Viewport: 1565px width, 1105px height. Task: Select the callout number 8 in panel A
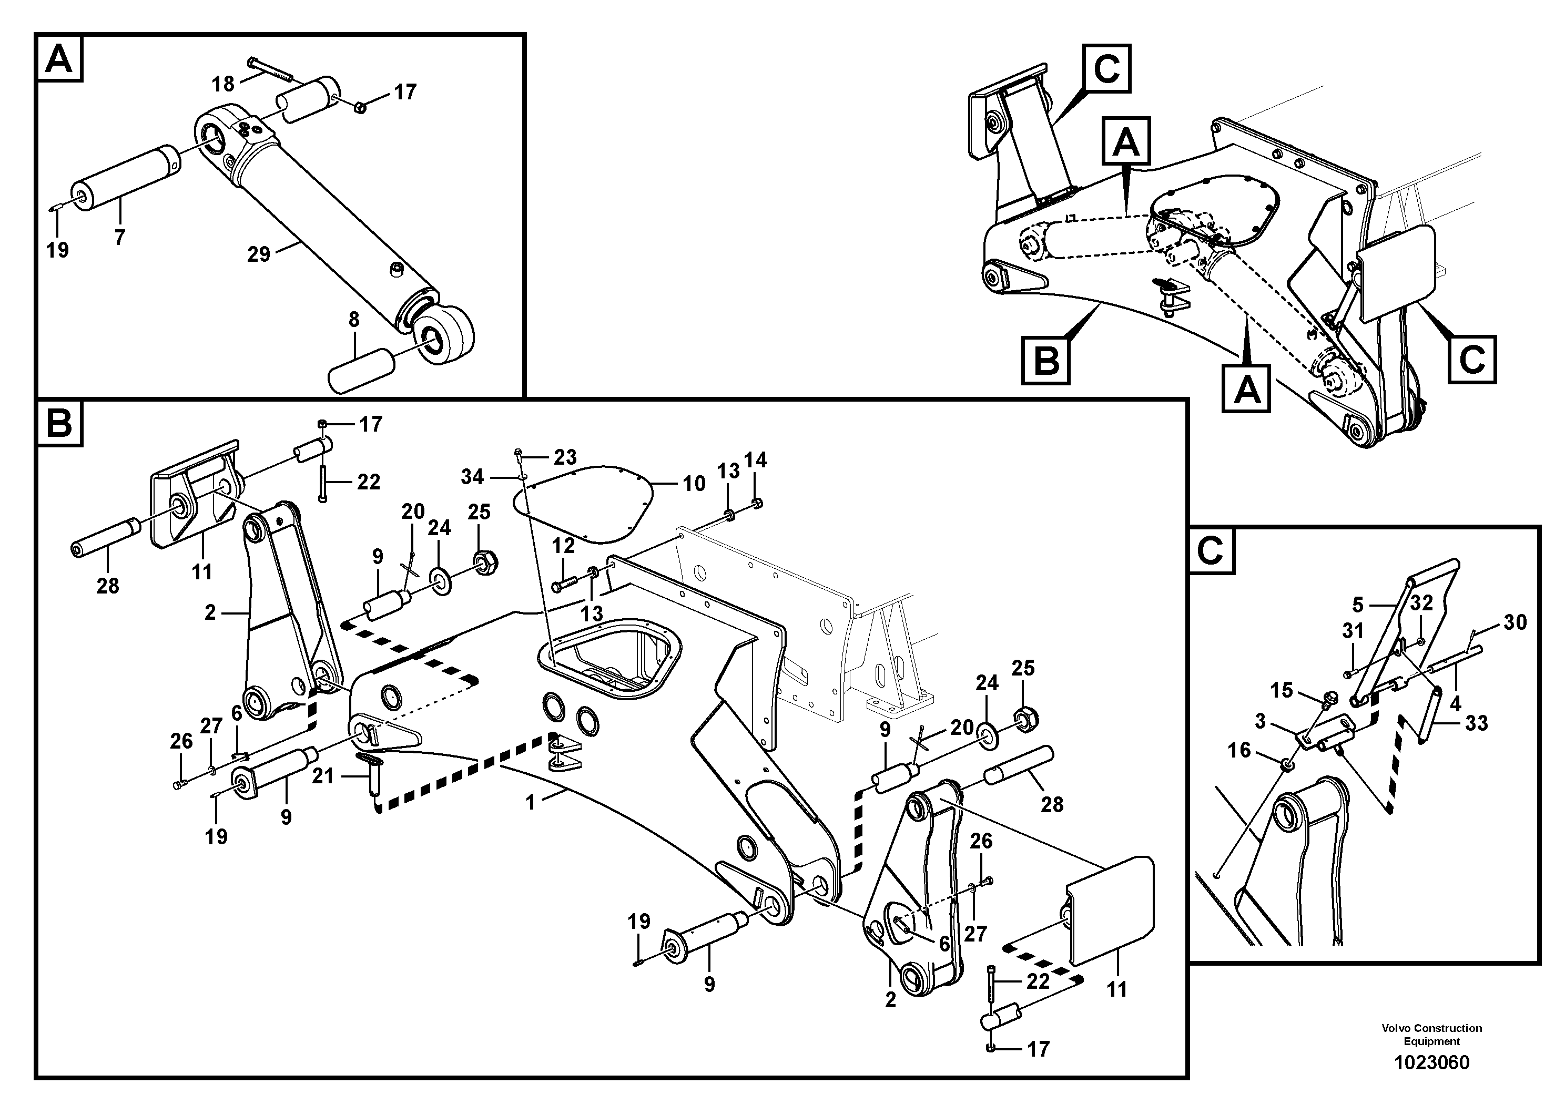pos(354,320)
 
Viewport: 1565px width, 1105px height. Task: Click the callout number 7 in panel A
pos(119,238)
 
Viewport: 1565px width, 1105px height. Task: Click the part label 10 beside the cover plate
pos(694,484)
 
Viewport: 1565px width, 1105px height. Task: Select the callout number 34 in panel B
pos(472,477)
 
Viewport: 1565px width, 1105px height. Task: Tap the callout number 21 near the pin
pos(322,775)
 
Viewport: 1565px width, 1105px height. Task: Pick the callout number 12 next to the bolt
pos(563,545)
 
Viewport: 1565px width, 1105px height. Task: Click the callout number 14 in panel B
pos(756,460)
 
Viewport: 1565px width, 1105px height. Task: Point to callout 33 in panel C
pos(1476,722)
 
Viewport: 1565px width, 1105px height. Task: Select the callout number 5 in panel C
pos(1357,603)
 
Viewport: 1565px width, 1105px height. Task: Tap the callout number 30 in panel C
pos(1515,622)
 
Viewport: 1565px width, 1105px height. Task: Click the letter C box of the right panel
pos(1211,550)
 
